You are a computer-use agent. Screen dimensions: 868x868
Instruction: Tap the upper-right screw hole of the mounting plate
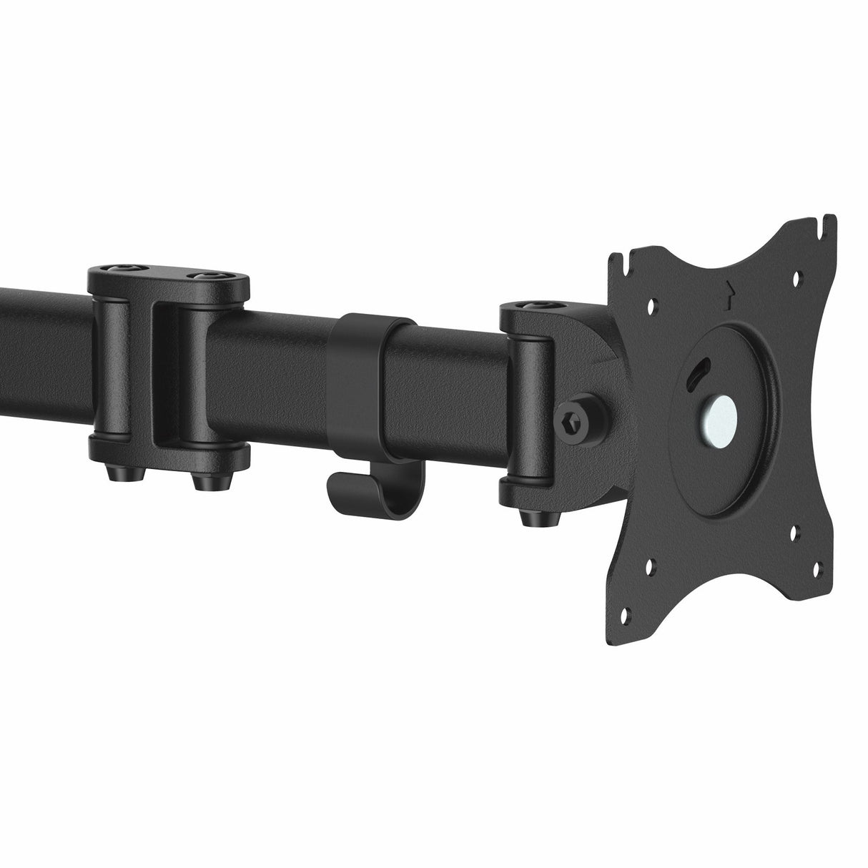click(798, 280)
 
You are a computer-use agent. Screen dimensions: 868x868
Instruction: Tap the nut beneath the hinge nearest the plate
click(533, 513)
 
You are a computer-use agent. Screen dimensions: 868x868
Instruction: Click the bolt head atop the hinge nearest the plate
click(530, 306)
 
